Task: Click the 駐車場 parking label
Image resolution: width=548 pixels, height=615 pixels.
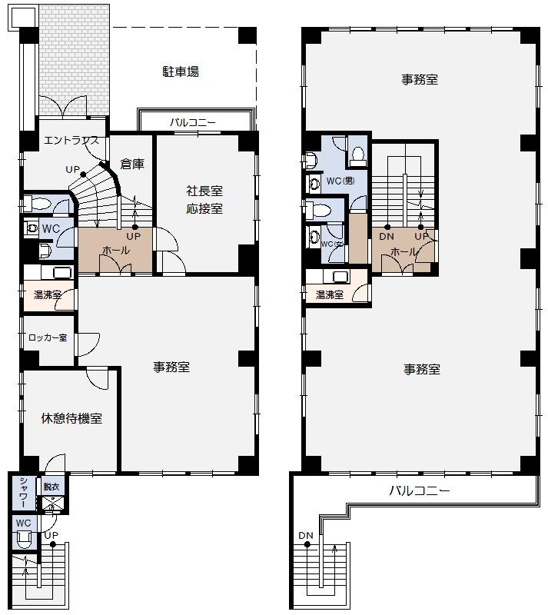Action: pos(181,71)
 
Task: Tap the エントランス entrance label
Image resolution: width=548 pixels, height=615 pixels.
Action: pos(71,141)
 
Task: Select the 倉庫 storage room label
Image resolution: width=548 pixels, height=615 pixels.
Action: pos(132,164)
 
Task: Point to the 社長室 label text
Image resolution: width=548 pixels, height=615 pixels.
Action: pos(204,191)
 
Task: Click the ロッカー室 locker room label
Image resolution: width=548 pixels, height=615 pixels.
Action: pos(48,337)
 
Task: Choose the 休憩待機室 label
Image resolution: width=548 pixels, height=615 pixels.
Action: pos(71,419)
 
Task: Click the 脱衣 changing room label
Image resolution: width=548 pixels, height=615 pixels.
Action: pos(51,486)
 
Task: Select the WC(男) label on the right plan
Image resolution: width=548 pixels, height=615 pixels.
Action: pos(340,181)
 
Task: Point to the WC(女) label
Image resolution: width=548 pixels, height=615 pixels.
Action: pos(332,244)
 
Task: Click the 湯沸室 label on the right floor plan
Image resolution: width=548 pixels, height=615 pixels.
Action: pos(329,294)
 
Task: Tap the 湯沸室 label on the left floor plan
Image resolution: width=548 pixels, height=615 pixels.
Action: pos(47,294)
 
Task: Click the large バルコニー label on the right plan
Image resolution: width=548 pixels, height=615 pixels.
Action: pos(419,490)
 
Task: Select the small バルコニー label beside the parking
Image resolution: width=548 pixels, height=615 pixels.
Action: pos(193,122)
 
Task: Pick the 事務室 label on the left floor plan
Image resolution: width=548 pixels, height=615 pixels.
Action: pos(171,367)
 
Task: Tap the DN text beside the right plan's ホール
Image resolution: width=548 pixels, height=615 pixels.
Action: pos(387,237)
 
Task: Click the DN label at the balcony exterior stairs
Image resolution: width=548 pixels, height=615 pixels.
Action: pos(306,536)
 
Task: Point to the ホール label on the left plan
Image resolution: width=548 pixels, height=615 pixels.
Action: pos(116,251)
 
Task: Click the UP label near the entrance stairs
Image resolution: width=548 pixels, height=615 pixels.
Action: pos(73,169)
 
